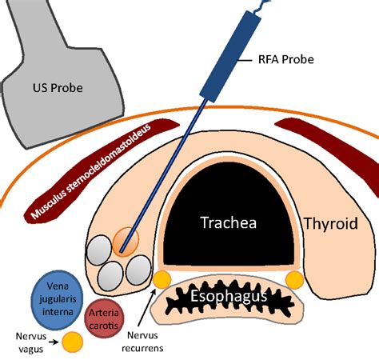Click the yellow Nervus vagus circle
click(72, 342)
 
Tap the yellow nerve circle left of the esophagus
click(162, 278)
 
